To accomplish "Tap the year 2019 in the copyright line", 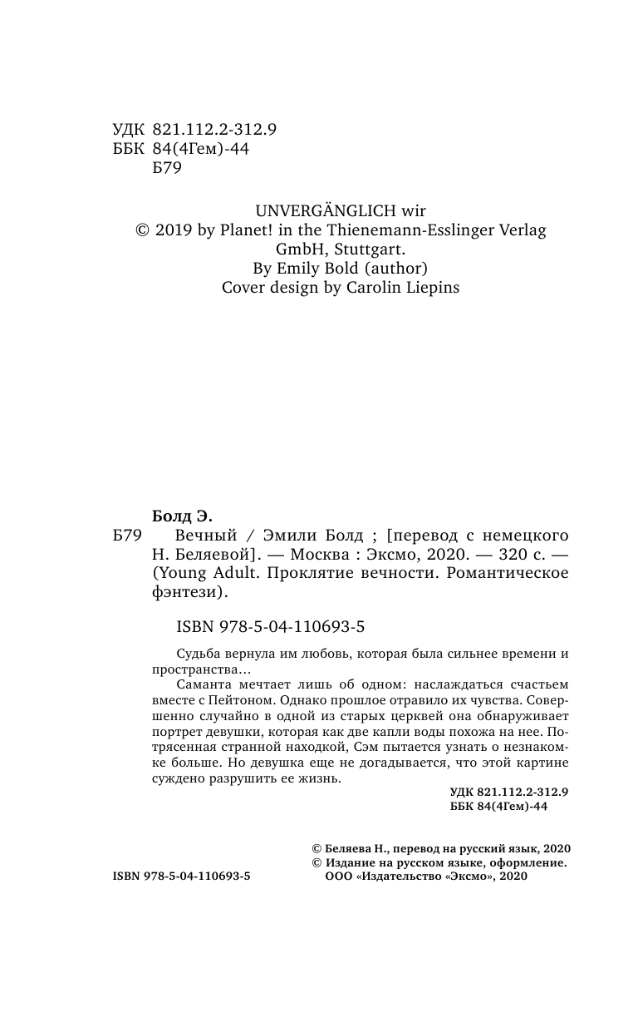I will click(x=173, y=231).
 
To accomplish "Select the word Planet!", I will click(x=253, y=231).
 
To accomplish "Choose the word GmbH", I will click(x=304, y=250).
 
